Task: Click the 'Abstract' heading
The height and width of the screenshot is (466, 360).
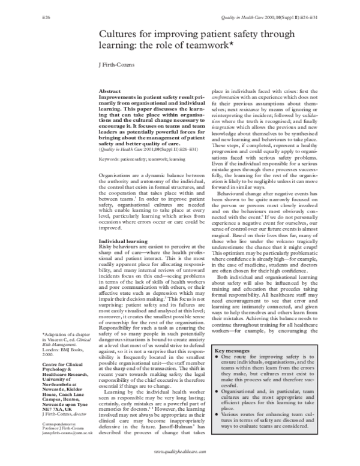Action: [x=109, y=91]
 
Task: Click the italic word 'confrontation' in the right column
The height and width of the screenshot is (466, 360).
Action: [x=227, y=96]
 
